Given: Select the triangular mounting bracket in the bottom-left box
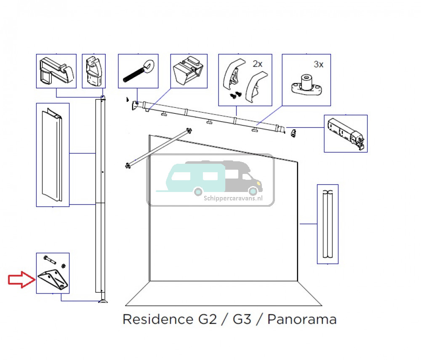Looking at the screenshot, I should [53, 280].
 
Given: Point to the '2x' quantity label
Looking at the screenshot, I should [257, 64].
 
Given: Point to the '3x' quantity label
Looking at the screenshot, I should [319, 64].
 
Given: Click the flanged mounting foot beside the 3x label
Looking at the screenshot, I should [305, 85].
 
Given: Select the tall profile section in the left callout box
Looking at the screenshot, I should [53, 155].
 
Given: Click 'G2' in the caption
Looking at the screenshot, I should [207, 319].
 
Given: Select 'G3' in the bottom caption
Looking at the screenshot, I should [242, 319].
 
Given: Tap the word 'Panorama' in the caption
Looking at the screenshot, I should [302, 319].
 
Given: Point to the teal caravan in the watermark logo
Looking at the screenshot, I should [195, 178].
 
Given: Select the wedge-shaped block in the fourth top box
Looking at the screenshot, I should [188, 71].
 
